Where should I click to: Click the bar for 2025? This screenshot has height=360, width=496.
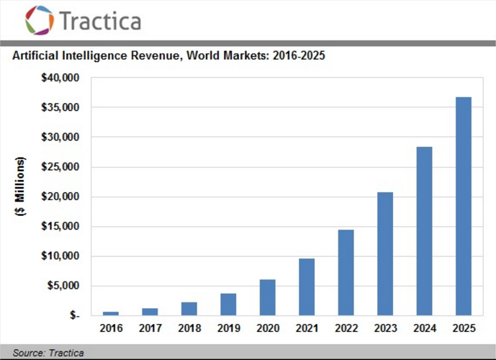click(463, 206)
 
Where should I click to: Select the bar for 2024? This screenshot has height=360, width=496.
click(424, 231)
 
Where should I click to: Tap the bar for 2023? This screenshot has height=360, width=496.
click(385, 253)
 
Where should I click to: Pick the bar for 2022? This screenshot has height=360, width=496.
click(346, 272)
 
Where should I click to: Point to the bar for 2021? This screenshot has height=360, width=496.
click(307, 287)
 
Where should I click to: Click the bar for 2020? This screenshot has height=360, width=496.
click(267, 297)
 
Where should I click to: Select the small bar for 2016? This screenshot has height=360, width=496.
click(111, 313)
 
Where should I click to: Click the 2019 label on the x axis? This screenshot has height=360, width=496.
click(228, 328)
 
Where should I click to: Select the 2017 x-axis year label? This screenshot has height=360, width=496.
click(150, 328)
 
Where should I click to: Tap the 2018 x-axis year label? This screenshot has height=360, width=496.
click(189, 328)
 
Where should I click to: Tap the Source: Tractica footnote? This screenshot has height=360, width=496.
click(48, 353)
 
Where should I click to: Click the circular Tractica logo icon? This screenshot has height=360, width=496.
click(40, 20)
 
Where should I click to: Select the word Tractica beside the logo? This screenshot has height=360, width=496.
click(100, 21)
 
